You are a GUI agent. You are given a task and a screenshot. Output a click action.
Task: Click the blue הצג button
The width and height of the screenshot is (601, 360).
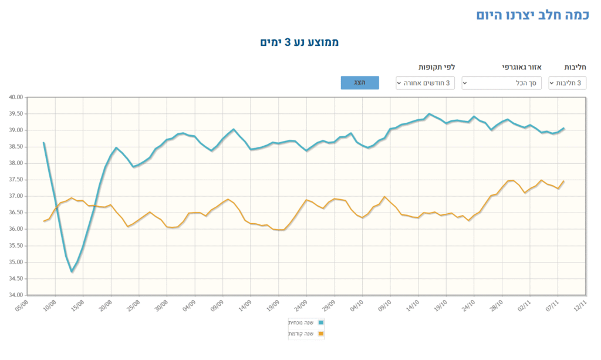360,83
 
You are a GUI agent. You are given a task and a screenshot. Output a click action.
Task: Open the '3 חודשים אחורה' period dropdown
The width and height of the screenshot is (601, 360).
426,83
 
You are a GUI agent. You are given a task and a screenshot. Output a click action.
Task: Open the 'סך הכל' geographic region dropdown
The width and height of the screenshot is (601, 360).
502,83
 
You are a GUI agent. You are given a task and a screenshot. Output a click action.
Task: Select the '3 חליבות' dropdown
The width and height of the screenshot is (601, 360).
568,83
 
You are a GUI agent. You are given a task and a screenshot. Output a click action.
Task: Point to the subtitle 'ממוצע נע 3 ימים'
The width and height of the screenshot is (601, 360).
300,42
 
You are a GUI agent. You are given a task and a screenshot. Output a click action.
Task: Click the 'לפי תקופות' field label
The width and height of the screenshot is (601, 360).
437,67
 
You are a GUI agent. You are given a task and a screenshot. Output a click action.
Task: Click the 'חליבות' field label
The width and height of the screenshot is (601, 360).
576,67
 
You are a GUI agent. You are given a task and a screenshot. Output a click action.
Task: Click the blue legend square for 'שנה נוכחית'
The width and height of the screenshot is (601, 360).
320,322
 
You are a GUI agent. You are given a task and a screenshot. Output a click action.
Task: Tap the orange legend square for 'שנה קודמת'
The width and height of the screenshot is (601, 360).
320,334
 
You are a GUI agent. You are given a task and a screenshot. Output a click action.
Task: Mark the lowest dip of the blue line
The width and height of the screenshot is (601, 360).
72,271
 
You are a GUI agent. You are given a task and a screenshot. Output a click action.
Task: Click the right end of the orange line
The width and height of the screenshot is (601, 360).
563,181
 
